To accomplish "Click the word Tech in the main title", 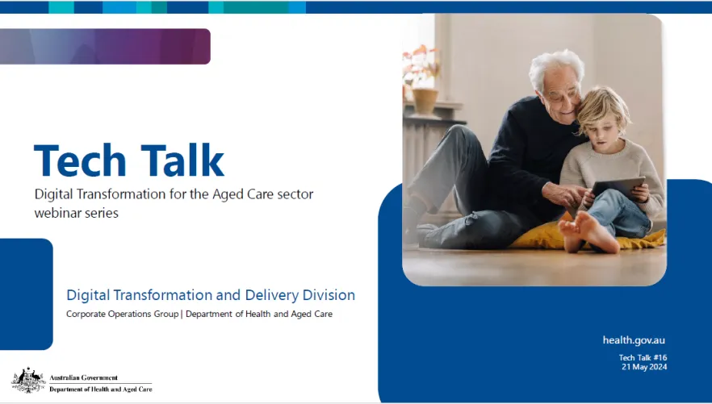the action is (80, 160).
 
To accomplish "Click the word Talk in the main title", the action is (182, 160).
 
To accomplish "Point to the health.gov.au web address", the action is (634, 340).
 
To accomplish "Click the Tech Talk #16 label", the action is (643, 357).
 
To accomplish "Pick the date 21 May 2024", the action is (644, 367).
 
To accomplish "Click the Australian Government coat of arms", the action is (28, 380).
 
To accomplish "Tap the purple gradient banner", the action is (105, 46).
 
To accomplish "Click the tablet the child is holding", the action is (618, 187).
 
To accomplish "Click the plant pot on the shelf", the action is (425, 101).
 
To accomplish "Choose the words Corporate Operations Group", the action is (122, 314).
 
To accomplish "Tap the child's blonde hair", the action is (601, 109).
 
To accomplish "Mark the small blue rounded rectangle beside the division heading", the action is (27, 294).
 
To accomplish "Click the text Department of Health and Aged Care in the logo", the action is (101, 389).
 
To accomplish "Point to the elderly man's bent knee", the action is (459, 136).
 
